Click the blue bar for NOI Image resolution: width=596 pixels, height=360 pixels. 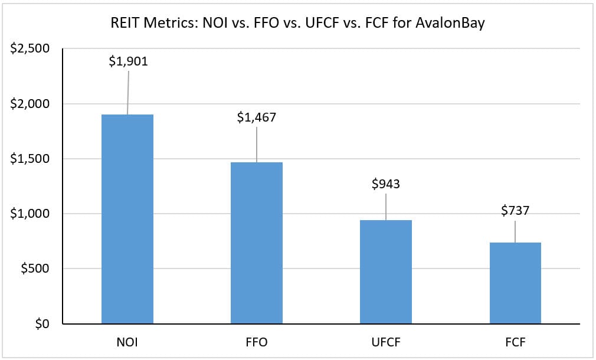tap(127, 219)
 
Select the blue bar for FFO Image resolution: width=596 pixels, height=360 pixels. tap(256, 243)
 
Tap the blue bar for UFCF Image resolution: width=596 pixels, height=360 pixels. tap(385, 271)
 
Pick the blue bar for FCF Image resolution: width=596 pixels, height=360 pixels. tap(515, 283)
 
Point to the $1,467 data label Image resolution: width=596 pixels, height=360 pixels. tap(256, 117)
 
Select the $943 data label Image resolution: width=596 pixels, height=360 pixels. tap(385, 184)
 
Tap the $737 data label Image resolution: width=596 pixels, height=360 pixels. tap(515, 211)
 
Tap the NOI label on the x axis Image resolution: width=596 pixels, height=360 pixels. tap(127, 342)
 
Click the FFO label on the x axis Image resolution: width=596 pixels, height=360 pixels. tap(256, 342)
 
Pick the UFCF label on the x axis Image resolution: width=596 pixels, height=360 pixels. tap(385, 342)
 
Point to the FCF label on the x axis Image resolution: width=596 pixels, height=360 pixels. tap(515, 342)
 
